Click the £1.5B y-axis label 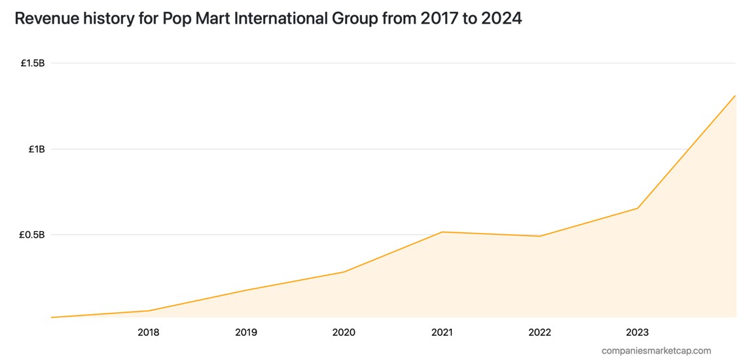32,63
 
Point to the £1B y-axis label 36,149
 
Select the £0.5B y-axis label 32,235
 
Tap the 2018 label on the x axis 148,333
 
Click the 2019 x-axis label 246,333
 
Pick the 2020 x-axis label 344,333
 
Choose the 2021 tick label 442,333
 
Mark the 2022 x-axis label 539,333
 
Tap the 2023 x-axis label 638,333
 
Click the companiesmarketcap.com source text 656,351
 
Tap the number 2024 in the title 501,18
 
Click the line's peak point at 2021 443,232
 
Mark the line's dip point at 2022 539,236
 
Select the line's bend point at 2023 638,208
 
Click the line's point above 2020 344,272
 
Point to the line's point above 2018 149,311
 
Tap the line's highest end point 735,96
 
